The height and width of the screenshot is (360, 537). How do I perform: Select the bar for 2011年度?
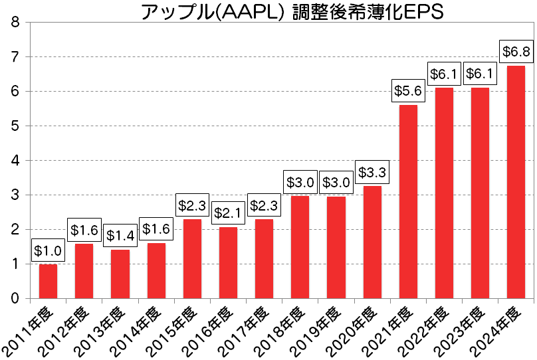coord(48,281)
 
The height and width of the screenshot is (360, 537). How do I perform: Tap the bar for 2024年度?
coord(516,182)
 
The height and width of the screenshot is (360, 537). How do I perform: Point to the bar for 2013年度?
coord(120,274)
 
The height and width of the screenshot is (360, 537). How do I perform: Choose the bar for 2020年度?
coord(372,242)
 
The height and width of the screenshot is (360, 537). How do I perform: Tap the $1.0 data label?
coord(48,250)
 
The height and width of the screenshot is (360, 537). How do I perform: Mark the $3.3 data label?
coord(372,172)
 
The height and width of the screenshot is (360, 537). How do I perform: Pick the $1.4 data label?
coord(120,235)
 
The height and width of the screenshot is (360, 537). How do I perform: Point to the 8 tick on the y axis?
coord(15,23)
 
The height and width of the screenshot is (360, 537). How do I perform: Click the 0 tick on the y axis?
coord(15,298)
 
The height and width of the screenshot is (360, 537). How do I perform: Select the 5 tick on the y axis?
coord(15,126)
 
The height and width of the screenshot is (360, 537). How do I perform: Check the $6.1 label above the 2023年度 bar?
coord(480,73)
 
